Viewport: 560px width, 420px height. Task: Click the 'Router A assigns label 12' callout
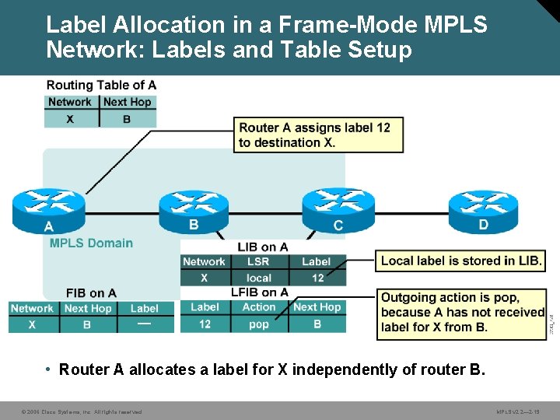(318, 135)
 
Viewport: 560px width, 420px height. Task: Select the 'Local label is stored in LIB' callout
(461, 261)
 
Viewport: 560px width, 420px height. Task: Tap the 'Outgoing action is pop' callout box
(462, 313)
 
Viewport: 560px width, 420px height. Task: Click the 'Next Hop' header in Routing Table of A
(128, 102)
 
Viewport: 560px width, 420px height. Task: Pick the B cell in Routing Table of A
(127, 119)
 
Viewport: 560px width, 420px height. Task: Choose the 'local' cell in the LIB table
(259, 278)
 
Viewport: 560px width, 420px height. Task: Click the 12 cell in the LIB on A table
(317, 278)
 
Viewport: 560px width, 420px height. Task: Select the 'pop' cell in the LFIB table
(259, 324)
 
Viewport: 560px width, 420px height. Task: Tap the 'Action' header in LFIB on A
(259, 307)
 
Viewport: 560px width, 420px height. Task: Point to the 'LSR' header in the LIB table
(259, 262)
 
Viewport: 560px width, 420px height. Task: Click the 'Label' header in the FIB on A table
(145, 309)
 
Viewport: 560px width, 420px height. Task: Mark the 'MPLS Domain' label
(90, 243)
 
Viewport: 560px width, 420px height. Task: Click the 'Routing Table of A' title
(101, 85)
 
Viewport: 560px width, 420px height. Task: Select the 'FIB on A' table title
(91, 293)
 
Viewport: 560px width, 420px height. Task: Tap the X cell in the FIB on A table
(32, 324)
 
